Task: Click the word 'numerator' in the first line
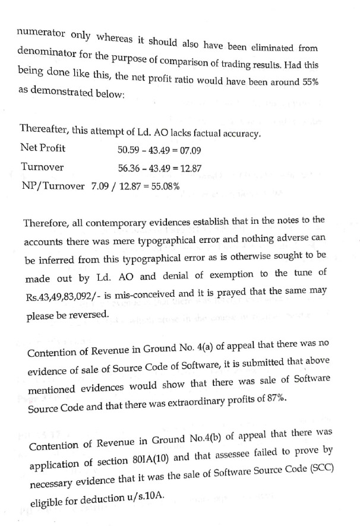[39, 30]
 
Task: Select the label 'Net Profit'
[43, 148]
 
